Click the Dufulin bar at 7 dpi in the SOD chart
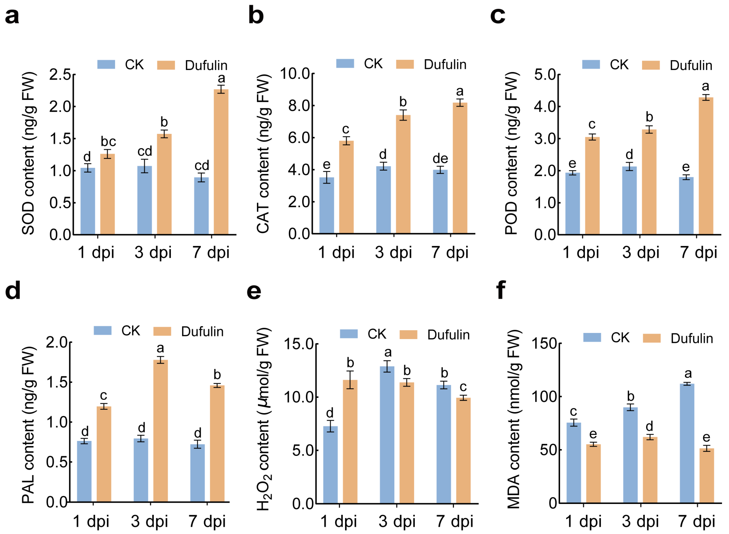(221, 162)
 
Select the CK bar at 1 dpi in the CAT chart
(327, 205)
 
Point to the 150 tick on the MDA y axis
(544, 344)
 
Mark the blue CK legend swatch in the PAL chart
(103, 330)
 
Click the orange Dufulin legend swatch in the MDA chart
(652, 338)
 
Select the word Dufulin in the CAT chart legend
(445, 65)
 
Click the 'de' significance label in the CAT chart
(440, 158)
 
